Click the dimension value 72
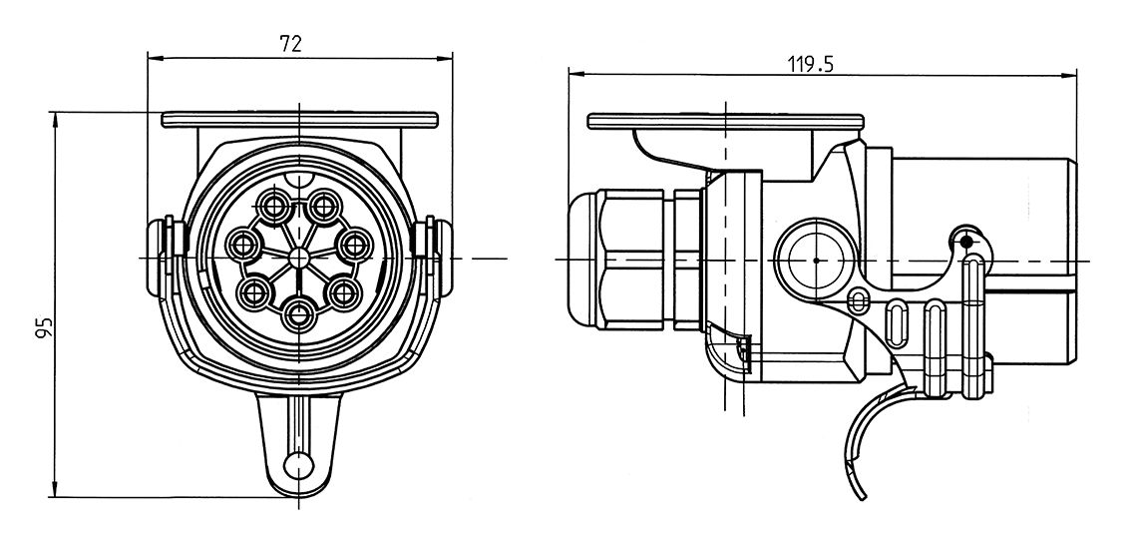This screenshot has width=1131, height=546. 291,43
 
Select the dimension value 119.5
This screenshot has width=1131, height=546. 810,65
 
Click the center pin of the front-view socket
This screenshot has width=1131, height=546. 298,258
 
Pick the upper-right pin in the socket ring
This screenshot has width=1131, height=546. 322,208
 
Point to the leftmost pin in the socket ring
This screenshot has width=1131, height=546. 244,243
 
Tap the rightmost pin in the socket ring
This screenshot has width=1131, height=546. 353,243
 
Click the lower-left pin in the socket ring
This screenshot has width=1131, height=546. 252,292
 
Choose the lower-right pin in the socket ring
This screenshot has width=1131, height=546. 344,292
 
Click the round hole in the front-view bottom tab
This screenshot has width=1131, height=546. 297,464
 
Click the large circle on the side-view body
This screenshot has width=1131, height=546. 816,260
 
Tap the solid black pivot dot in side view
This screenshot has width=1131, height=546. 965,241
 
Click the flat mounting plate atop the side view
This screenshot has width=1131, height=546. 723,121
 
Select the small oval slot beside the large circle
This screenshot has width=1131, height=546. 858,299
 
